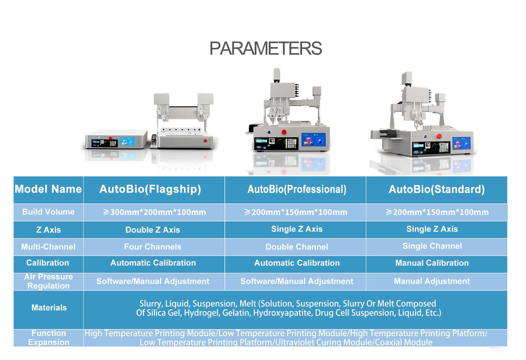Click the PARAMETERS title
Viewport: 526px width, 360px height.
(x=266, y=48)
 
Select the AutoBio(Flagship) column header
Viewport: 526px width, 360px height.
(x=150, y=189)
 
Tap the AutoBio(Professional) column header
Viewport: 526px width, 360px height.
(x=297, y=189)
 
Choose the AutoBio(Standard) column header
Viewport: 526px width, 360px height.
(x=437, y=189)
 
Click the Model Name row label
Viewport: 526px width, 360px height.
(x=48, y=189)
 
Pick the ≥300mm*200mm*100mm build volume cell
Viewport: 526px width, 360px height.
(x=154, y=213)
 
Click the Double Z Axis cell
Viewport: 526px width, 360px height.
(x=153, y=230)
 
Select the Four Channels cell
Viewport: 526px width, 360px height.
(x=153, y=247)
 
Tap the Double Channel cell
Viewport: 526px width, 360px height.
(x=297, y=247)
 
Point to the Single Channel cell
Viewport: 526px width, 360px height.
(x=432, y=246)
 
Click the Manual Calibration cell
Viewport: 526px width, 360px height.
(x=432, y=263)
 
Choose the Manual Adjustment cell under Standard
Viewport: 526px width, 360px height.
(x=432, y=281)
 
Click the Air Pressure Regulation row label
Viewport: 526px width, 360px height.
(x=48, y=281)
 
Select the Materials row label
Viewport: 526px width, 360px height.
(x=49, y=308)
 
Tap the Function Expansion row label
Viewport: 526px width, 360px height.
(x=49, y=338)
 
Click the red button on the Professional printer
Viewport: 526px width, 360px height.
(x=284, y=132)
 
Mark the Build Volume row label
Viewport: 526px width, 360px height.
(x=48, y=212)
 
